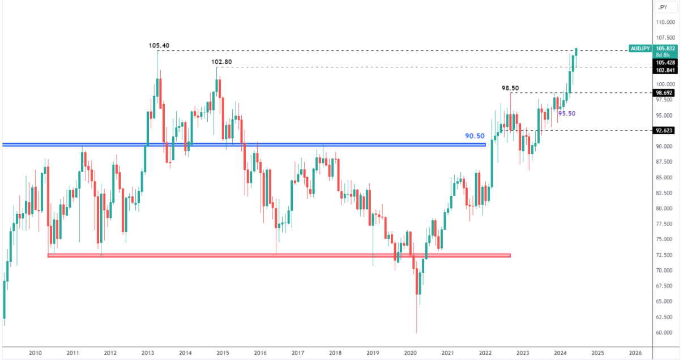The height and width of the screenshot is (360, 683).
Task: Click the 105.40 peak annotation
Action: [x=159, y=45]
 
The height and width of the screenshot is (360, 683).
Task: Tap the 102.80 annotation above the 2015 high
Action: [x=221, y=62]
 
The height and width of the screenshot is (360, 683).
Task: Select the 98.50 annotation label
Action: [x=510, y=88]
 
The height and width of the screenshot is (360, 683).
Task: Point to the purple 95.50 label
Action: [x=567, y=113]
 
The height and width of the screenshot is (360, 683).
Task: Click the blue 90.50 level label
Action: [x=475, y=136]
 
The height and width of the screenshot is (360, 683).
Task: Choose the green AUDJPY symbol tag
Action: [x=641, y=49]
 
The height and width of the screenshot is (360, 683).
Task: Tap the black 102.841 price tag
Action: [x=666, y=70]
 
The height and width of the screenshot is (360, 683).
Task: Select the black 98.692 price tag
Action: [x=666, y=92]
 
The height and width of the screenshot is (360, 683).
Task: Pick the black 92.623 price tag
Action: [x=666, y=130]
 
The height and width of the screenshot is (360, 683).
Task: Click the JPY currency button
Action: [x=663, y=7]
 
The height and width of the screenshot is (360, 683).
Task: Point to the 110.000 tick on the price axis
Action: [x=665, y=23]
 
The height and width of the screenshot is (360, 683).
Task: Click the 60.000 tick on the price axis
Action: [x=665, y=332]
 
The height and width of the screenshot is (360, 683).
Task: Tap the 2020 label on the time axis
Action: [x=410, y=353]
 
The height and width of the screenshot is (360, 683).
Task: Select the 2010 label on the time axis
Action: [x=35, y=353]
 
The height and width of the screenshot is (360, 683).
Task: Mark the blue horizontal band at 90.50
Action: [x=244, y=145]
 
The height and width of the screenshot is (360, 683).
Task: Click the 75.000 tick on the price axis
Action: [x=665, y=239]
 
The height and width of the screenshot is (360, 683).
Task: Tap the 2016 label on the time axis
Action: [x=260, y=353]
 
